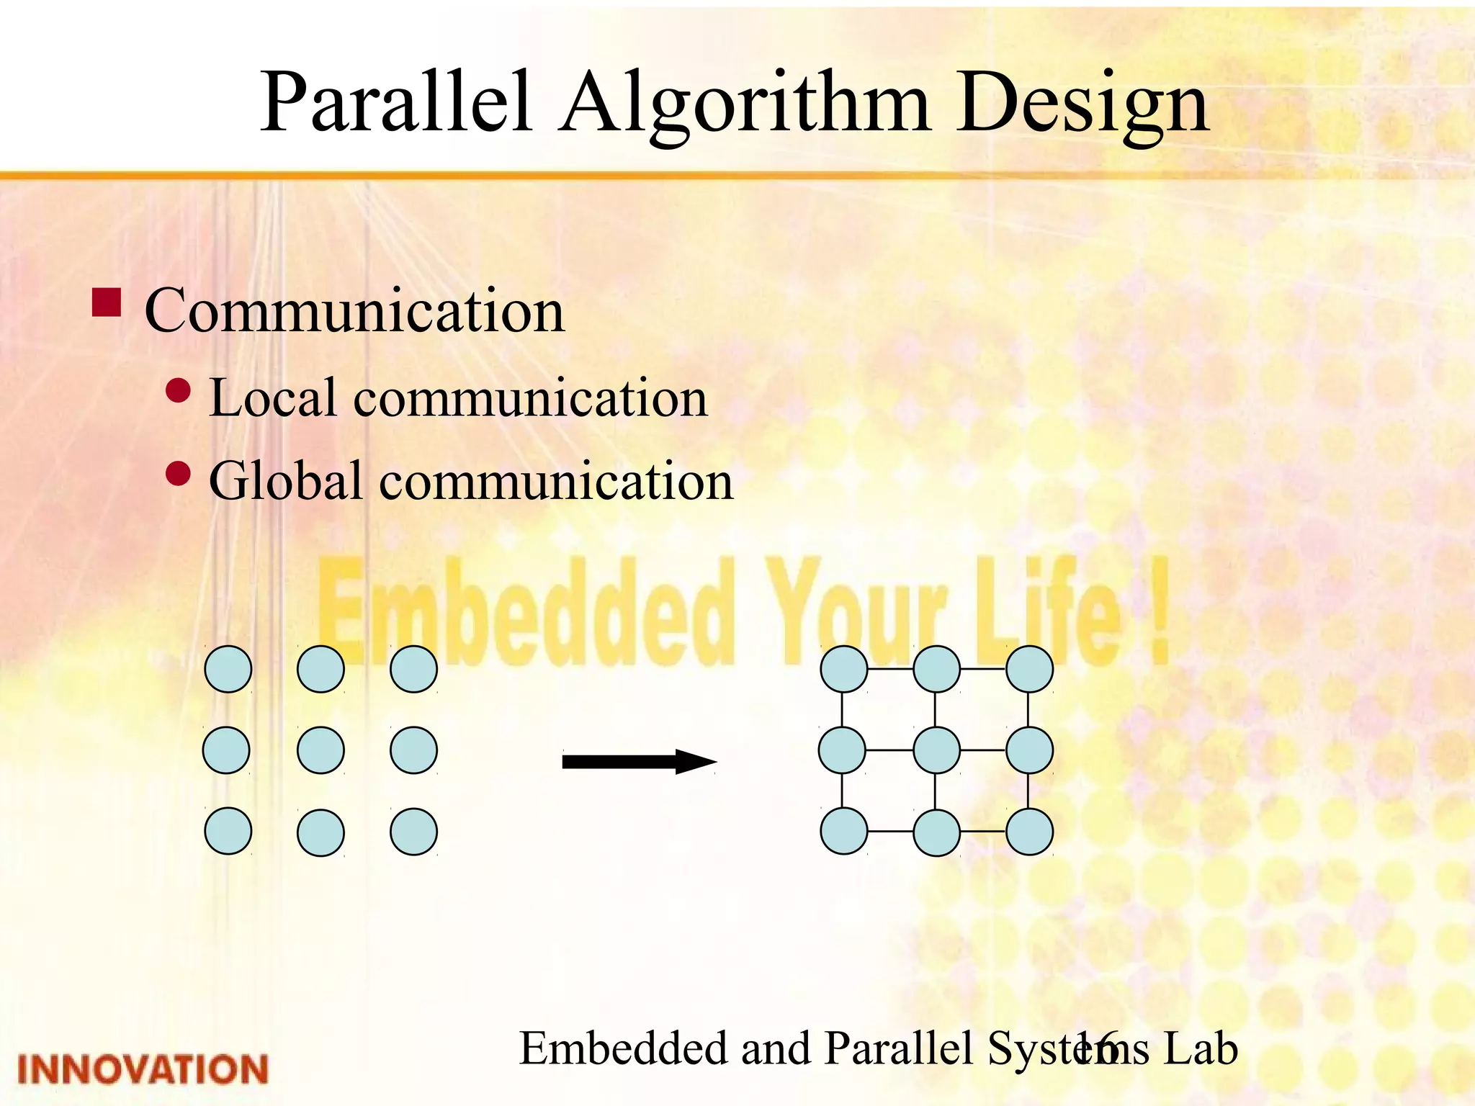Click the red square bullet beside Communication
pyautogui.click(x=107, y=303)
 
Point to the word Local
pyautogui.click(x=272, y=397)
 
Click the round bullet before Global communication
pyautogui.click(x=178, y=474)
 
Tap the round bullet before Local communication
pyautogui.click(x=178, y=390)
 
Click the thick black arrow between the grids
pyautogui.click(x=638, y=761)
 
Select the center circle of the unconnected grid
pyautogui.click(x=320, y=750)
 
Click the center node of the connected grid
pyautogui.click(x=936, y=750)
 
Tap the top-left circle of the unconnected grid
pyautogui.click(x=228, y=669)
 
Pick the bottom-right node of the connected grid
pyautogui.click(x=1029, y=832)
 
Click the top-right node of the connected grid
pyautogui.click(x=1029, y=669)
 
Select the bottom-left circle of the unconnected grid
pyautogui.click(x=228, y=832)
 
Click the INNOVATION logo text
pyautogui.click(x=143, y=1069)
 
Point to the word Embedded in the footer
pyautogui.click(x=622, y=1048)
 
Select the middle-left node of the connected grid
pyautogui.click(x=842, y=750)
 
